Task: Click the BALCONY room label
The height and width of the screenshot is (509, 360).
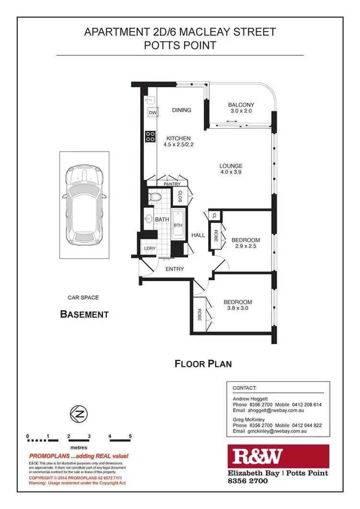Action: coord(241,105)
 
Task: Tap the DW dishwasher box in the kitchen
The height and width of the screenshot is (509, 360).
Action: coord(153,113)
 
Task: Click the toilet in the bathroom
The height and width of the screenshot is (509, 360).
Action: coord(156,197)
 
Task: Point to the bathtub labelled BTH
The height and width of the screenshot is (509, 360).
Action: coord(178,225)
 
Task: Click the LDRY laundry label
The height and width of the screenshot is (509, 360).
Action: coord(149,249)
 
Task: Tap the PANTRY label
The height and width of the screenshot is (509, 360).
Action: coord(171,184)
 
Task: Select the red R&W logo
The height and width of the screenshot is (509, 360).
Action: coord(278,457)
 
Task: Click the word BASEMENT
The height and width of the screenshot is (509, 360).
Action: coord(84,315)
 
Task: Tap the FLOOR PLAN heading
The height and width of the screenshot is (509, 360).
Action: coord(203,364)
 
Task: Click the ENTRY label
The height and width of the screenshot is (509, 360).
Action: coord(175,269)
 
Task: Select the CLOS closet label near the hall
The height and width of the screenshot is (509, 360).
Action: coord(181,196)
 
